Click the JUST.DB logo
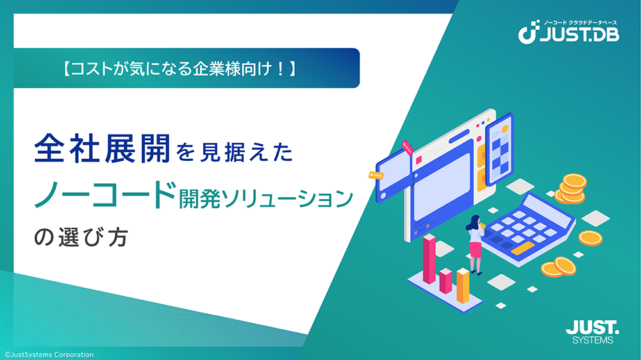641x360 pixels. pos(569,32)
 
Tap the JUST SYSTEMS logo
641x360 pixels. pos(592,332)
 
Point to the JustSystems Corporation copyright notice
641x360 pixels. pos(49,355)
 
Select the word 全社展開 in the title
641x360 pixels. pos(102,149)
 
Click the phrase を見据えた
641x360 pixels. pos(235,152)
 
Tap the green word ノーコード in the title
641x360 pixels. pos(106,195)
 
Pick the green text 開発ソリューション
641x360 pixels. pos(266,199)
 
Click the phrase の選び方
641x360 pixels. pos(81,238)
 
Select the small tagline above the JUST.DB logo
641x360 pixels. pos(580,23)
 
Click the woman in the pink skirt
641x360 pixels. pos(474,244)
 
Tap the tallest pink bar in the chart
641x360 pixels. pos(429,259)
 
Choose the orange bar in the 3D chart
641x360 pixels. pos(463,286)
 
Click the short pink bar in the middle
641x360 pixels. pos(445,281)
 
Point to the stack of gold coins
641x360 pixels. pos(572,188)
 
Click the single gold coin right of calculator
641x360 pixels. pos(590,238)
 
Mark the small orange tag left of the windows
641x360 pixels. pos(376,176)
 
